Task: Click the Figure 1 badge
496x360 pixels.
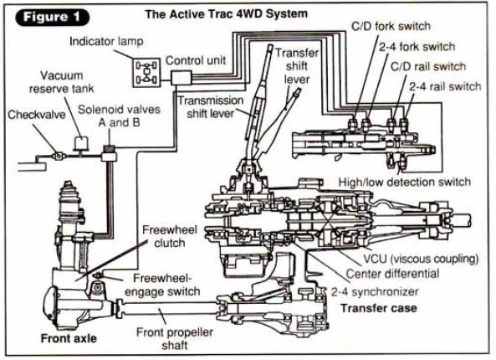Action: click(52, 17)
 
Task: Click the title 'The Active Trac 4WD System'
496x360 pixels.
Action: click(226, 14)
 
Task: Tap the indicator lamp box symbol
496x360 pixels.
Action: click(146, 73)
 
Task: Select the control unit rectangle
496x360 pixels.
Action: click(182, 78)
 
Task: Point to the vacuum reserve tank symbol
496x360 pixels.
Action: click(82, 143)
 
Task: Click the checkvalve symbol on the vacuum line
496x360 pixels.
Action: click(59, 156)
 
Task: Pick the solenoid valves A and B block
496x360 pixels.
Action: click(109, 153)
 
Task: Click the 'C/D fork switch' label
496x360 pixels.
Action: click(391, 26)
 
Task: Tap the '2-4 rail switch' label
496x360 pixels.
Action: click(445, 86)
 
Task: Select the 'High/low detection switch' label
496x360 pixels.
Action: click(405, 182)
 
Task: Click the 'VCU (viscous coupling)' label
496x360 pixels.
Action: click(421, 259)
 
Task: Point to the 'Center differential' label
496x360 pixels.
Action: click(392, 274)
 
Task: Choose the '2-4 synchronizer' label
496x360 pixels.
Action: click(375, 291)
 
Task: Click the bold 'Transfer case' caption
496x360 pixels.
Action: click(379, 308)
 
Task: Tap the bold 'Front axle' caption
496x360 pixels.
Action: click(69, 338)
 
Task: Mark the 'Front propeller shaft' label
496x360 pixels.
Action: click(175, 338)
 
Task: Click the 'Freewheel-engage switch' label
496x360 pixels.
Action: click(162, 285)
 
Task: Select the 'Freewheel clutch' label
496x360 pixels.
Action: click(170, 236)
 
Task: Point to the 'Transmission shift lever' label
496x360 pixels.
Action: click(210, 107)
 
